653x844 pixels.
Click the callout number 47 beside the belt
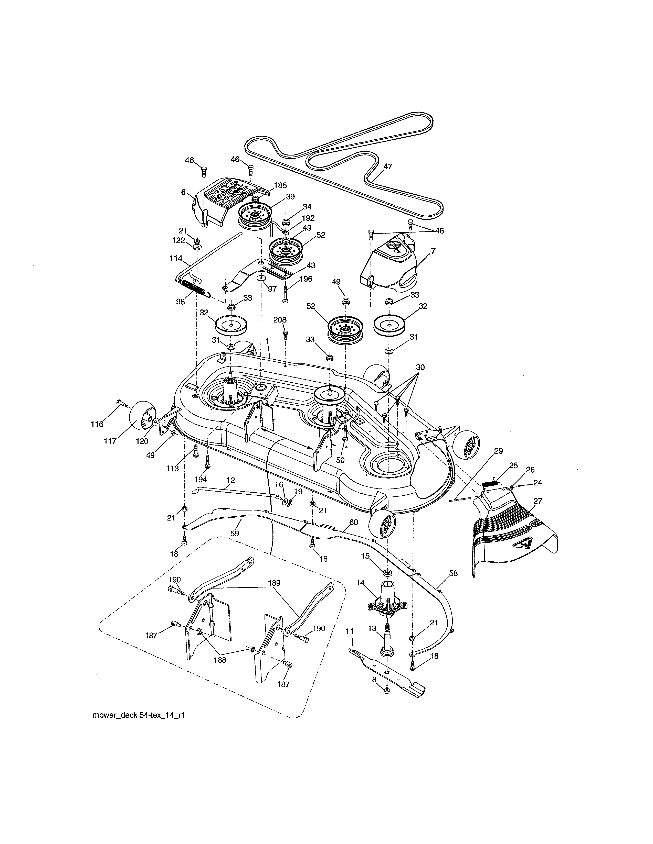coord(388,166)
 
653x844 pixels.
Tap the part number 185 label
coord(280,185)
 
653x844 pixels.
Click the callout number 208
coord(280,320)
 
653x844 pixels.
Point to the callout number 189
coord(274,583)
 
